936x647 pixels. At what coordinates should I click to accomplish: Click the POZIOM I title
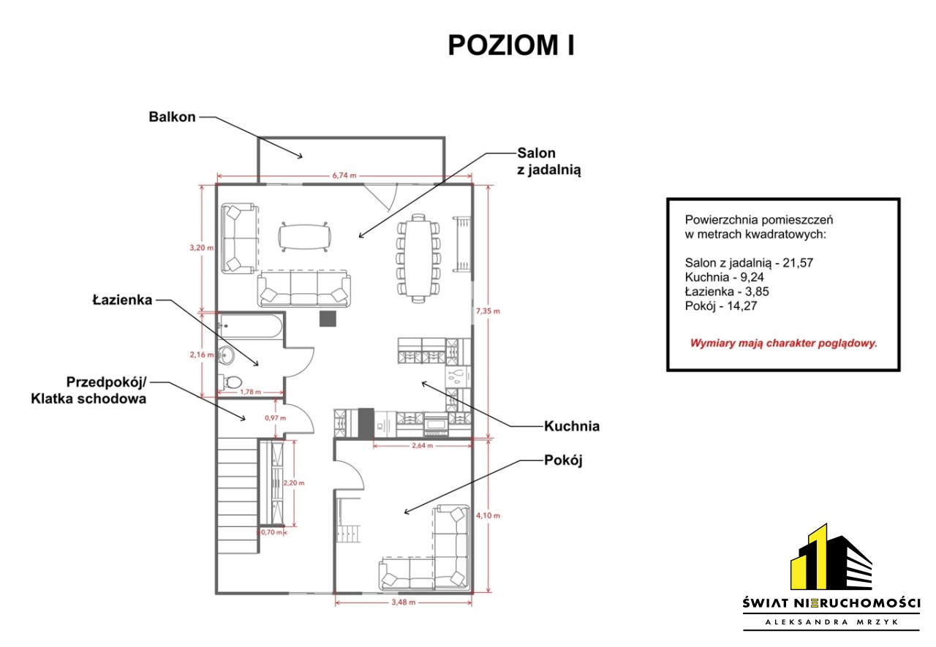(x=511, y=45)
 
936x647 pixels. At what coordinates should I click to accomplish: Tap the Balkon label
(x=172, y=116)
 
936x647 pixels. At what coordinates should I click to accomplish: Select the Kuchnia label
(x=572, y=426)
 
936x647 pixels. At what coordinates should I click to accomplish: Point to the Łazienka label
(x=122, y=300)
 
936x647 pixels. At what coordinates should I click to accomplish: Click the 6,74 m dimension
(x=344, y=175)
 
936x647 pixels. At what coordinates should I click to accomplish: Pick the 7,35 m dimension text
(x=488, y=311)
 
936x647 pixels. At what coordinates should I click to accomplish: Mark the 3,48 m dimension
(x=403, y=602)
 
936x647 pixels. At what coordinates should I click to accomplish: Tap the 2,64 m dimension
(x=422, y=446)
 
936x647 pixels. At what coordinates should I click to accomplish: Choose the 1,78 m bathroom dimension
(x=250, y=392)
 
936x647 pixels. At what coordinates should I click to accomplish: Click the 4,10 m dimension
(x=488, y=515)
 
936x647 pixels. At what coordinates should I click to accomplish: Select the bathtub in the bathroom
(x=251, y=327)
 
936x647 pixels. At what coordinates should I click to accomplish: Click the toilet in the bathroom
(x=230, y=382)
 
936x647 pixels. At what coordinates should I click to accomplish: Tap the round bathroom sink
(x=227, y=355)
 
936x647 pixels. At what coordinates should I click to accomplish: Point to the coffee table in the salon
(x=305, y=237)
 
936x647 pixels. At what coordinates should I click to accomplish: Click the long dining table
(x=418, y=258)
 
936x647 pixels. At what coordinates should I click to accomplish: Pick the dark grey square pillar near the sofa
(x=328, y=319)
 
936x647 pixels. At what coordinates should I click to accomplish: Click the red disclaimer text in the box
(x=783, y=344)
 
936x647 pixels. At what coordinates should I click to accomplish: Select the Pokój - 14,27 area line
(x=721, y=306)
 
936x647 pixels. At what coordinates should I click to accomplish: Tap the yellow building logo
(x=831, y=558)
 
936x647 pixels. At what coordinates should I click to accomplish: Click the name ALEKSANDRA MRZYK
(x=831, y=622)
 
